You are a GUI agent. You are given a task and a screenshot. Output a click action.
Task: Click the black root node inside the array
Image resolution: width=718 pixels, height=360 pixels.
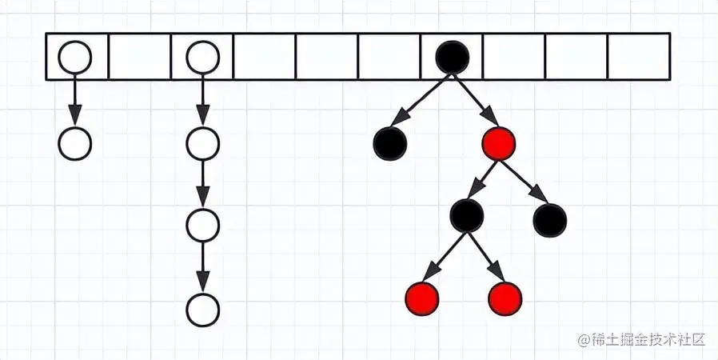coord(452,57)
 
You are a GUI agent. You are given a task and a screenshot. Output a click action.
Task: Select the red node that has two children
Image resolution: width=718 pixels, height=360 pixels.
coord(499,144)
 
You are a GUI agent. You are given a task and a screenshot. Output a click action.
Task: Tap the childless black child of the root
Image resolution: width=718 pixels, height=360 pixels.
coord(390,144)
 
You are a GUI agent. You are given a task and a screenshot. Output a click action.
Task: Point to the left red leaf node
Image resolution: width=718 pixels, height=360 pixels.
coord(422,298)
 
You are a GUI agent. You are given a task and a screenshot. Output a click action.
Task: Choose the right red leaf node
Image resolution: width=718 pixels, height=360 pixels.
coord(505,298)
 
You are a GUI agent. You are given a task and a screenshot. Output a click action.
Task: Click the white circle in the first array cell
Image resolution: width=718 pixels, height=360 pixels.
coord(75,57)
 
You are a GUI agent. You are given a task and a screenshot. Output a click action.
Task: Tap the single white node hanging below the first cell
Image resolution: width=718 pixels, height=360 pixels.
coord(75,144)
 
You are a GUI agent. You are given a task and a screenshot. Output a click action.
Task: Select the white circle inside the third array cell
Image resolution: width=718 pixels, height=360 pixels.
coord(202,57)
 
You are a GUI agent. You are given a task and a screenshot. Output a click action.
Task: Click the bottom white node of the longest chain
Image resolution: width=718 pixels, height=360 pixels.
coord(202,310)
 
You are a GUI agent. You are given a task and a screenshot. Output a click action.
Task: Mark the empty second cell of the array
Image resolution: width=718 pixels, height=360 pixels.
coord(139,57)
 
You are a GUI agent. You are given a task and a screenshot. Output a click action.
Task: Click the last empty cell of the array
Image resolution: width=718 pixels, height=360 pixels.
coord(639,57)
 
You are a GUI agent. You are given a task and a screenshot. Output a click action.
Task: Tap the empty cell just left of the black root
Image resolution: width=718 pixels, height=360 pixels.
coord(389,57)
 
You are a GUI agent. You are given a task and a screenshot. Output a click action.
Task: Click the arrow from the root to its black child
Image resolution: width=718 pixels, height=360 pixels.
coord(421,100)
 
